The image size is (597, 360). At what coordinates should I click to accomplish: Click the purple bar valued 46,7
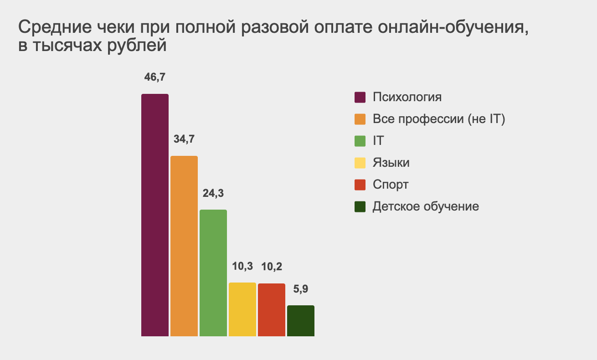pyautogui.click(x=155, y=215)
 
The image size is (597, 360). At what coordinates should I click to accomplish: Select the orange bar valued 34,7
pyautogui.click(x=184, y=246)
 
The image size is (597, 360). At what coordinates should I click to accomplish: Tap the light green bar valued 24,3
pyautogui.click(x=213, y=273)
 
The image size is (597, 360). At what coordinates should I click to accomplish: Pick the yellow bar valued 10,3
pyautogui.click(x=242, y=309)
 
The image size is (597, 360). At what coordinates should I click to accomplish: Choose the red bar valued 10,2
pyautogui.click(x=272, y=310)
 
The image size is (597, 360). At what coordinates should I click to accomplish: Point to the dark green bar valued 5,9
pyautogui.click(x=301, y=321)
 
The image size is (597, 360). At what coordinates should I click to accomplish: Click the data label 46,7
pyautogui.click(x=154, y=77)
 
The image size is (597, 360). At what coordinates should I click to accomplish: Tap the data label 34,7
pyautogui.click(x=184, y=139)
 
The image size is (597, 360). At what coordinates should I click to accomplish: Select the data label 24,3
pyautogui.click(x=213, y=193)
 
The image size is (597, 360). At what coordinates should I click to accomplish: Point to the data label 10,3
pyautogui.click(x=242, y=266)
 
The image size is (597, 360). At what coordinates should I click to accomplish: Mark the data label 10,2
pyautogui.click(x=272, y=266)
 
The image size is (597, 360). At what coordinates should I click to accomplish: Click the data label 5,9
pyautogui.click(x=301, y=288)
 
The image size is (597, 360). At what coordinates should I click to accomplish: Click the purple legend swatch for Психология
pyautogui.click(x=360, y=98)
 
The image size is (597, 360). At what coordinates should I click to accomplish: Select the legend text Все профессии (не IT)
pyautogui.click(x=439, y=119)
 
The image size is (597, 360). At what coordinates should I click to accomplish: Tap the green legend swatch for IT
pyautogui.click(x=360, y=141)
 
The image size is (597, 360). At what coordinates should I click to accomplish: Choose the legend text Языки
pyautogui.click(x=391, y=163)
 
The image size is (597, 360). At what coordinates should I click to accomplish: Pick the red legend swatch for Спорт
pyautogui.click(x=360, y=185)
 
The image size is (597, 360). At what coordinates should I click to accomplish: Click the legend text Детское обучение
pyautogui.click(x=426, y=206)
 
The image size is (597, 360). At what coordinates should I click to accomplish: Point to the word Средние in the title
pyautogui.click(x=50, y=28)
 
